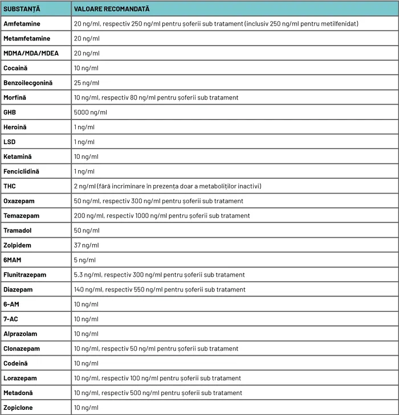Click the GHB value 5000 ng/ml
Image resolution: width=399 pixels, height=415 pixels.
tap(90, 113)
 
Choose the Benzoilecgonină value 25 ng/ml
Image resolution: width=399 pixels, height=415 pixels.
tap(87, 83)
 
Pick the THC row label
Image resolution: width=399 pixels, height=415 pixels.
tap(10, 186)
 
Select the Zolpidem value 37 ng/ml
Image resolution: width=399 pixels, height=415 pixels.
tap(87, 245)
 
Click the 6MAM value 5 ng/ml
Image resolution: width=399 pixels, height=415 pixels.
tap(85, 260)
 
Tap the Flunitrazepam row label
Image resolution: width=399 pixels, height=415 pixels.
tap(25, 275)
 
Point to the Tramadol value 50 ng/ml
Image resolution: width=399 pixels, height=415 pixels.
tap(87, 231)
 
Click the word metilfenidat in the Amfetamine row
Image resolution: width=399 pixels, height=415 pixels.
tap(340, 24)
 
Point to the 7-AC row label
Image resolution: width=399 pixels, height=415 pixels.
tap(11, 319)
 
